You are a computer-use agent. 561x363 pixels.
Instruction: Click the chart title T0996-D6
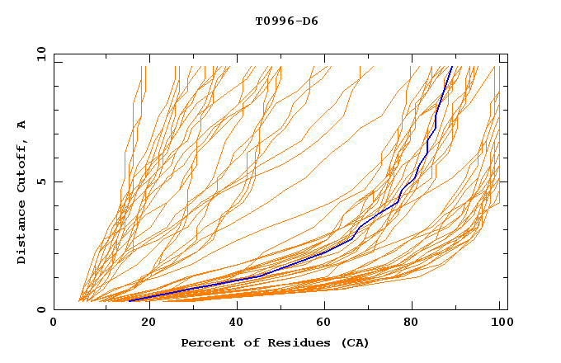[286, 21]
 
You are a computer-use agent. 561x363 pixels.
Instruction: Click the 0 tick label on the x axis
[54, 323]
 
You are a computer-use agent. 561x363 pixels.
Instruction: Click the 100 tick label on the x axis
[499, 323]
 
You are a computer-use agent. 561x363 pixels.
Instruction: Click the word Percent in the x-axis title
[205, 343]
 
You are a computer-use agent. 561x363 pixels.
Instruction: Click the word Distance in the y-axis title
[22, 233]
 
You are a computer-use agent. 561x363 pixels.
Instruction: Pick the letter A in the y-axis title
[22, 124]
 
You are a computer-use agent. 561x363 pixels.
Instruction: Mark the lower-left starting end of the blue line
[130, 301]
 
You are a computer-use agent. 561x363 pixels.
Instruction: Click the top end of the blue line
[452, 66]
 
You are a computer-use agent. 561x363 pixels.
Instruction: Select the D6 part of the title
[309, 21]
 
